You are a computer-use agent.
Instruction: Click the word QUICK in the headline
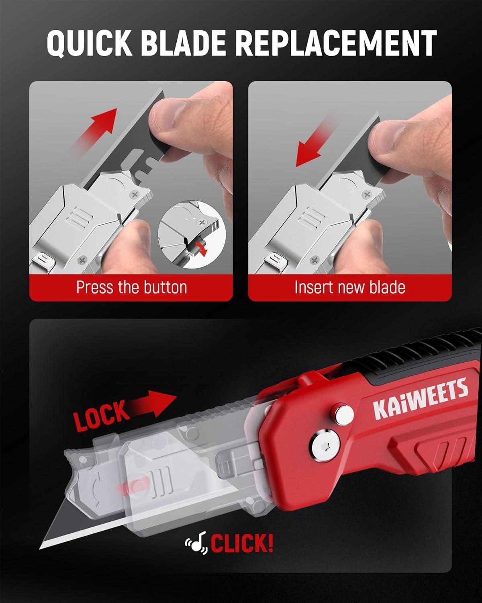(x=89, y=44)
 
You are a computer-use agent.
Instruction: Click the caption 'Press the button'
(x=131, y=287)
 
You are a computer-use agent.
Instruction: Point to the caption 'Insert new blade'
(x=350, y=287)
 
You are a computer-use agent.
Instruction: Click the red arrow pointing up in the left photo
(x=95, y=131)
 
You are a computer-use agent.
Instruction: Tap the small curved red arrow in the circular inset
(x=202, y=248)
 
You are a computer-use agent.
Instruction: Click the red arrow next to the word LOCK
(x=151, y=404)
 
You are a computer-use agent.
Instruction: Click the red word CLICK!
(x=242, y=543)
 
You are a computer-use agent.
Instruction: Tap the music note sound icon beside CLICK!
(x=196, y=543)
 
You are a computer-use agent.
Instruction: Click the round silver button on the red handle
(x=343, y=414)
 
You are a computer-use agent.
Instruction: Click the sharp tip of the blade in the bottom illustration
(x=40, y=548)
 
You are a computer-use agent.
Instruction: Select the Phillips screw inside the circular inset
(x=201, y=223)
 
